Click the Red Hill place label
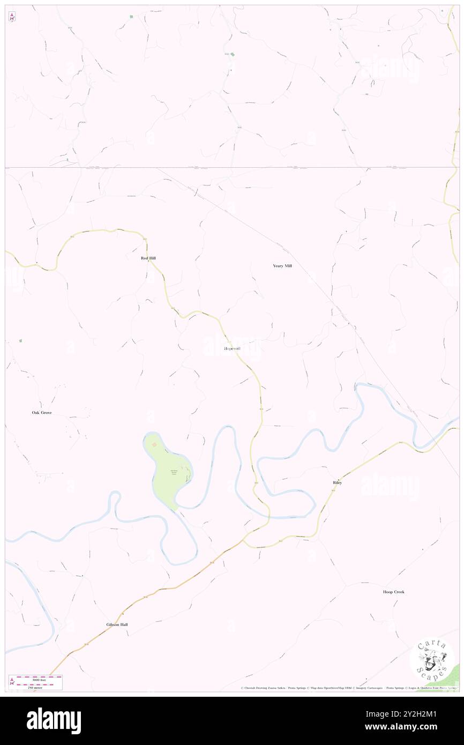coord(148,258)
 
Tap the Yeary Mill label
coord(282,266)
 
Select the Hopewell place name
coord(232,349)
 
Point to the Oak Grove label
coord(42,413)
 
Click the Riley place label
coord(337,483)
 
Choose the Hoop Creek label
coord(394,592)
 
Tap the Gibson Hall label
coord(117,624)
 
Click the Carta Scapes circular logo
coord(432,659)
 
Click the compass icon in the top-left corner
coord(12,17)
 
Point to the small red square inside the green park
coord(154,444)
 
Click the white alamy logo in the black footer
coord(54,720)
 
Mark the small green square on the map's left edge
coord(20,340)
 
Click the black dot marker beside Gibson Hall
coord(123,614)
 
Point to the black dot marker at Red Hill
coord(148,263)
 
